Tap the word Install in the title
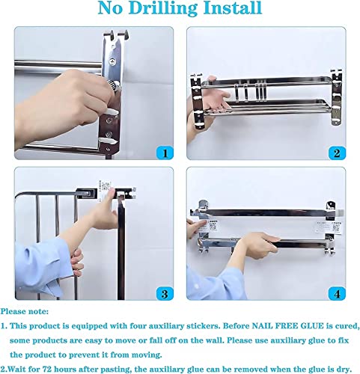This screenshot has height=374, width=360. (233, 7)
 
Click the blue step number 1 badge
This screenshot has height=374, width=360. (165, 153)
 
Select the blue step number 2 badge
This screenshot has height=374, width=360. (337, 153)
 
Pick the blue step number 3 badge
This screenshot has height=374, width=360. (165, 293)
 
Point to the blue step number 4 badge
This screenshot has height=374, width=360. (337, 293)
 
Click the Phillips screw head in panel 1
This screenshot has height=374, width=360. (114, 61)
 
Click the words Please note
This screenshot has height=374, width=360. (25, 311)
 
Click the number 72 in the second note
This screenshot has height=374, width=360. (47, 369)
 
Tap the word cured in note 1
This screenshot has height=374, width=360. (347, 326)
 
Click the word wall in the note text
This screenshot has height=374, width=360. (216, 340)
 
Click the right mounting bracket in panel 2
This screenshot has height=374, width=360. (336, 97)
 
